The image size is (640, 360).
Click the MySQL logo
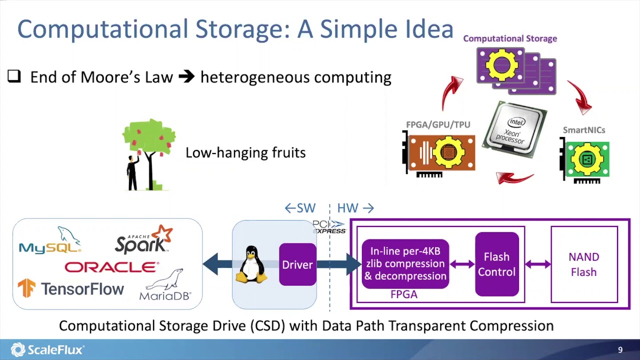(50, 241)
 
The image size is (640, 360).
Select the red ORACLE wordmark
(111, 267)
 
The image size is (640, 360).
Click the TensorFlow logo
(71, 288)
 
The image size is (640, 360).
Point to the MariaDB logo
(165, 286)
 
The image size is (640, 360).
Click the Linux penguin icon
(251, 265)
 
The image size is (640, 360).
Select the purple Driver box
(297, 264)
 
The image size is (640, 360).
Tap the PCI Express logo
(329, 227)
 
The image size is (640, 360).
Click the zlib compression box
(405, 264)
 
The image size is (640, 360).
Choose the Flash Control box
(496, 264)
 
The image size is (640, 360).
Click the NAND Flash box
(584, 264)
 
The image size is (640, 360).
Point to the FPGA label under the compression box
(404, 294)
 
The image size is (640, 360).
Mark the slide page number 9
(620, 350)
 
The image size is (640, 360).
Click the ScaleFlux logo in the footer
(47, 349)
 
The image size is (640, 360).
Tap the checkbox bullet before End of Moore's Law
(14, 76)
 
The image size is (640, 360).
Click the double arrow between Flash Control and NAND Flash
(537, 264)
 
